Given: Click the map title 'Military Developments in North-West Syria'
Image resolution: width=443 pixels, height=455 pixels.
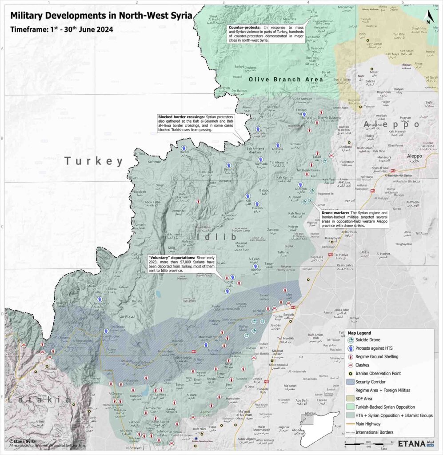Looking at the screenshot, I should [x=101, y=16].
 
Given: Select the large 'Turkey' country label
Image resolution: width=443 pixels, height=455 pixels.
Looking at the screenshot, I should [x=94, y=161].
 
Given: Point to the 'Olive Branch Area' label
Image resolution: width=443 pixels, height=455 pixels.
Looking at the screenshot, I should [x=279, y=79].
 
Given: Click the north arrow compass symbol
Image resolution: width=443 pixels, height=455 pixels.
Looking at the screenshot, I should [x=428, y=17].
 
